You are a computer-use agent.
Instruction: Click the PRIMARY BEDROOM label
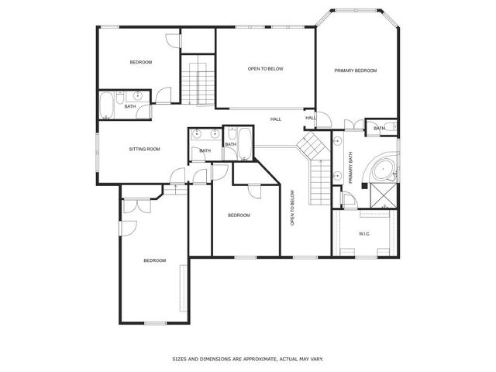tap(355, 71)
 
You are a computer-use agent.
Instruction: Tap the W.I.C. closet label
tap(364, 233)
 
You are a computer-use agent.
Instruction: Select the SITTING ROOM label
tap(144, 149)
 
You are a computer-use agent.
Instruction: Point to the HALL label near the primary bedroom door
tap(310, 118)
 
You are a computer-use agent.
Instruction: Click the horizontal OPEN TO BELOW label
tap(265, 69)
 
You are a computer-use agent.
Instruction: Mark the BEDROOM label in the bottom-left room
tap(154, 260)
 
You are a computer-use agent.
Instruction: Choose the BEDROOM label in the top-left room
tap(140, 62)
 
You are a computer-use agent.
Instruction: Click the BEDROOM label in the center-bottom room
tap(239, 215)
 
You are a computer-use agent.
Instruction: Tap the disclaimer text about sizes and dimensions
tap(247, 359)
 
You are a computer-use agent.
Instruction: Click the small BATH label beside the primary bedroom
tap(379, 129)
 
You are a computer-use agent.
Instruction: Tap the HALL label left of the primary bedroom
tap(275, 119)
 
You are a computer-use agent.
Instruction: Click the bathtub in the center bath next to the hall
tap(244, 144)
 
